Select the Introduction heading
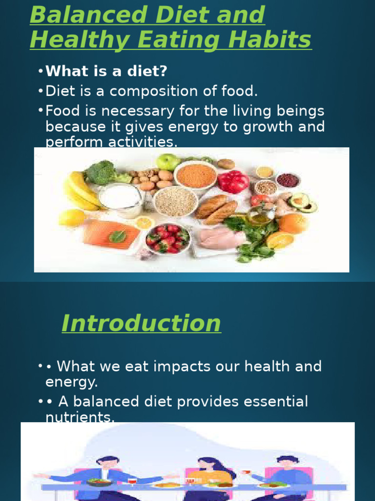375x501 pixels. (141, 323)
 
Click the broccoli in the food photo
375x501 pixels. (101, 172)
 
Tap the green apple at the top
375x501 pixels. (167, 161)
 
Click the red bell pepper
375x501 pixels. (233, 182)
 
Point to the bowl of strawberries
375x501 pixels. (168, 238)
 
